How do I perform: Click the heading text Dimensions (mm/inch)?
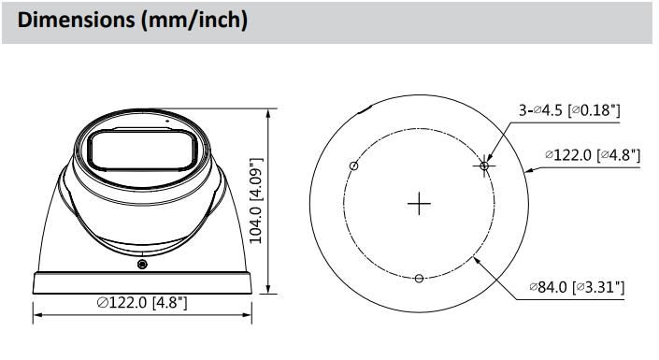(x=133, y=20)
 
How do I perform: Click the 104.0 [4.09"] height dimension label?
(x=256, y=201)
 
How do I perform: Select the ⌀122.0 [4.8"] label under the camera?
(x=142, y=302)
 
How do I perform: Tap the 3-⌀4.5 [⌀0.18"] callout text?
(x=569, y=110)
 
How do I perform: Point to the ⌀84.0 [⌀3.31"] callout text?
(x=577, y=287)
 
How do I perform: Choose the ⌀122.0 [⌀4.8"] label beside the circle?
(x=593, y=155)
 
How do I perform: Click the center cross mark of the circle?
(x=419, y=204)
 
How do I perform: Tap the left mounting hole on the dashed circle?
(x=354, y=166)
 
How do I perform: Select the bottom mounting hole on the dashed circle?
(x=419, y=279)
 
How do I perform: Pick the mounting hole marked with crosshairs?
(x=484, y=166)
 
